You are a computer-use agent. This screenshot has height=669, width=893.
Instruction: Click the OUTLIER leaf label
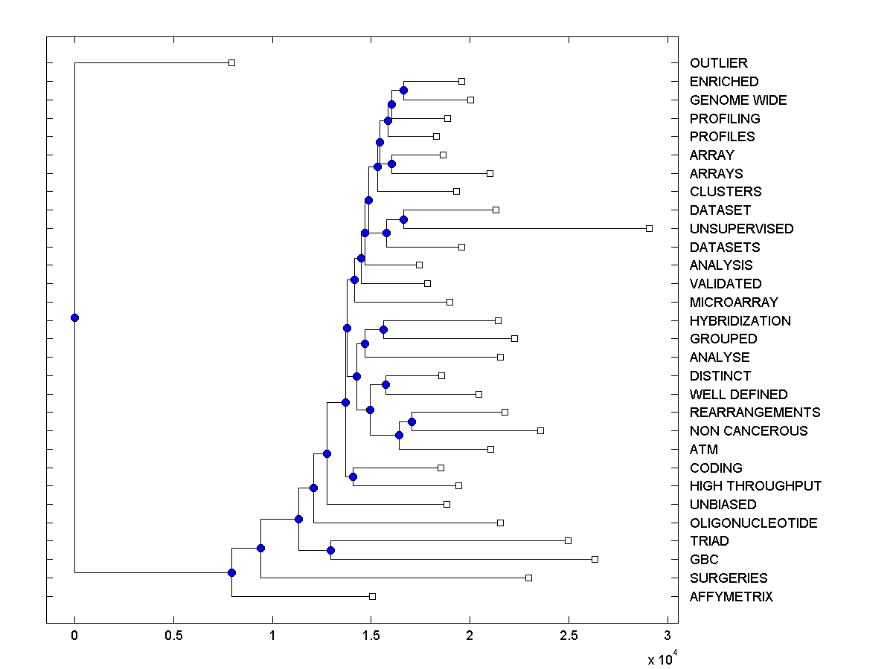click(x=718, y=63)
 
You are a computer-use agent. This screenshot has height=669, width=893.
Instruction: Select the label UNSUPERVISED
click(x=741, y=229)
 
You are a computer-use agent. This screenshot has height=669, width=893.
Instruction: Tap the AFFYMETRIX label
click(x=731, y=597)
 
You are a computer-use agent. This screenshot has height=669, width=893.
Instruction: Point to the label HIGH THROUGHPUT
click(x=755, y=486)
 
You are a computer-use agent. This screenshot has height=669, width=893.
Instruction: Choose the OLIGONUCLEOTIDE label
click(x=753, y=523)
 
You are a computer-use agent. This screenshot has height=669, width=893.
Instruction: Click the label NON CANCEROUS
click(x=748, y=431)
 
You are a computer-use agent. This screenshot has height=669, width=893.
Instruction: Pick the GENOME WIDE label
click(x=737, y=100)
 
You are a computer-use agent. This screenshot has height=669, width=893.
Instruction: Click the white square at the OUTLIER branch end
click(x=231, y=62)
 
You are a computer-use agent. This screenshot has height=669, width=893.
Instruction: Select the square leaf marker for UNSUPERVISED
click(x=649, y=228)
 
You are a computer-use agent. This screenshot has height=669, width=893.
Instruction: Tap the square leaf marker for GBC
click(x=595, y=559)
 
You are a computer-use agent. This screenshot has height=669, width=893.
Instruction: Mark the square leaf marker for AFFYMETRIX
click(x=372, y=596)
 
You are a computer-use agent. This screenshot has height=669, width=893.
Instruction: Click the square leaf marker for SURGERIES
click(x=528, y=578)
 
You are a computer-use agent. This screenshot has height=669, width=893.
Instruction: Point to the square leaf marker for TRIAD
click(x=568, y=540)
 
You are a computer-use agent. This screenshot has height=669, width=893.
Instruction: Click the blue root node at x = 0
click(x=74, y=317)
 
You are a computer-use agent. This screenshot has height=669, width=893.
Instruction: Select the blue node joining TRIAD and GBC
click(x=330, y=550)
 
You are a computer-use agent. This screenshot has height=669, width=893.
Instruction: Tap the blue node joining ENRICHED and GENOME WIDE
click(x=403, y=90)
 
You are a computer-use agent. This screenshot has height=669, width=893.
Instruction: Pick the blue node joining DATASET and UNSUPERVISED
click(x=403, y=219)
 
